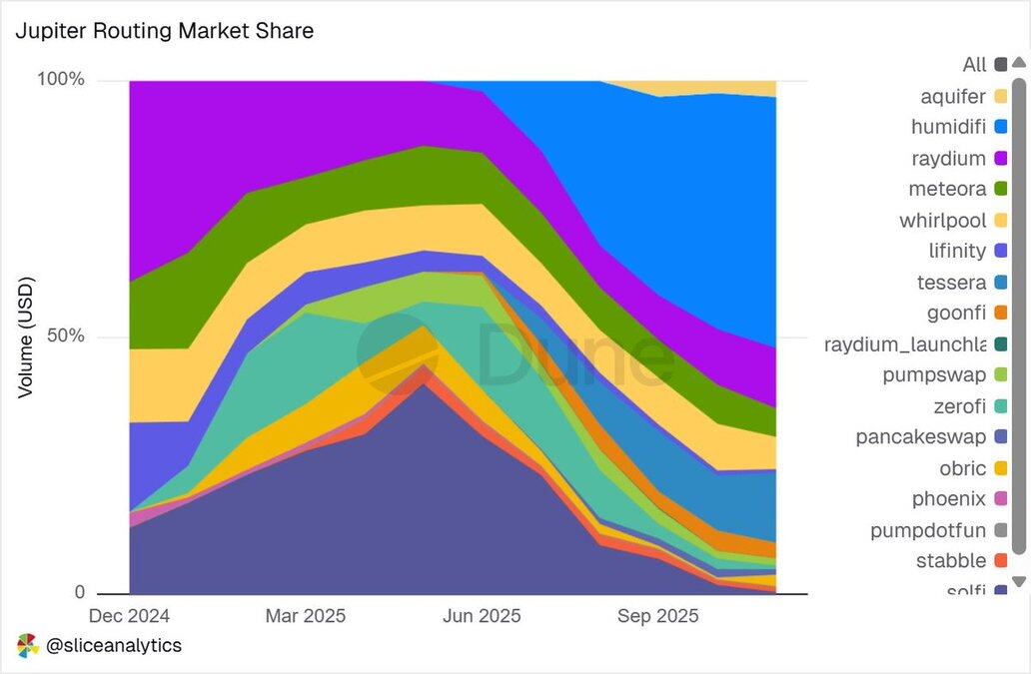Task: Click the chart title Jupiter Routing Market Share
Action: point(165,31)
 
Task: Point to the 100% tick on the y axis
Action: point(61,79)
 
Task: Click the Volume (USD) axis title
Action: point(26,337)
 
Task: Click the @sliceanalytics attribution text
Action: point(114,646)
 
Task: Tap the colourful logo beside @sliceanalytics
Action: point(27,646)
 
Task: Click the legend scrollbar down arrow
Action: point(1018,581)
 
